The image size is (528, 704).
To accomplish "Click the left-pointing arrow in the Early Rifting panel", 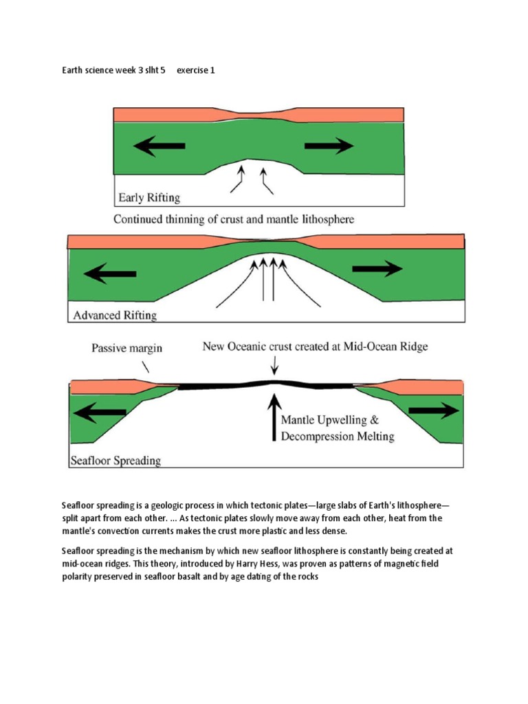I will (x=159, y=146).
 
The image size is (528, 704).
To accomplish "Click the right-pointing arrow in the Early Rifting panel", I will (x=329, y=146).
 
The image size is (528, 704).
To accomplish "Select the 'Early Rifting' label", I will (x=148, y=198).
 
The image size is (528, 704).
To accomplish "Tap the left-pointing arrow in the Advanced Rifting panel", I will (x=109, y=274).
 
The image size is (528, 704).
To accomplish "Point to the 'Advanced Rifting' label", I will (x=115, y=316).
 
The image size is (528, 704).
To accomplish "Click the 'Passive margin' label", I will (x=127, y=348).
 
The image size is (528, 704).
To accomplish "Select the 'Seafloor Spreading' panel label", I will (x=115, y=460).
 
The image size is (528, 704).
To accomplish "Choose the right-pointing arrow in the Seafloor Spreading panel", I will (x=433, y=410).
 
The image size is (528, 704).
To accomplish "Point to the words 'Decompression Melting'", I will (x=338, y=437).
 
